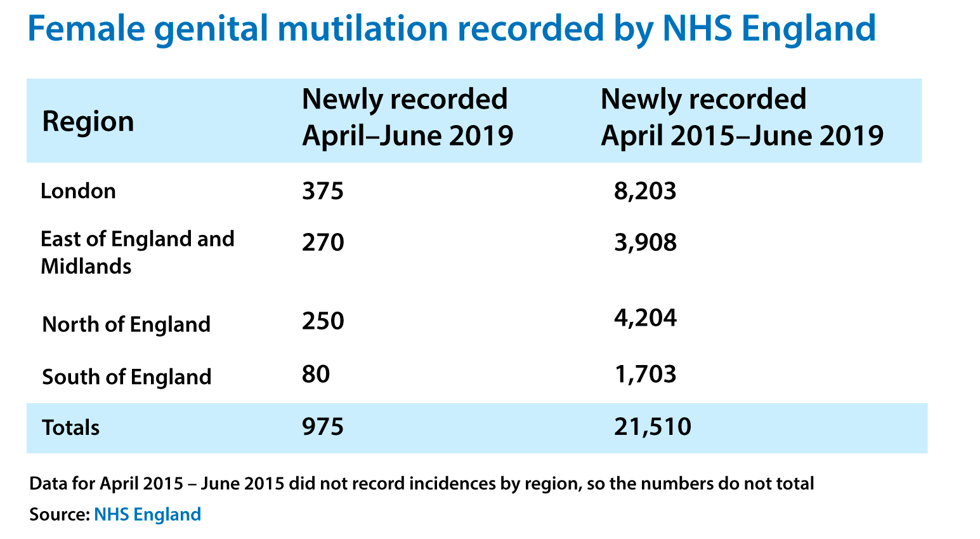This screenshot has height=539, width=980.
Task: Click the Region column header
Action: coord(88,121)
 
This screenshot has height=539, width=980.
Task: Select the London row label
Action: coord(78,190)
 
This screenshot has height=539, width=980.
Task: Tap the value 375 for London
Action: coord(323,190)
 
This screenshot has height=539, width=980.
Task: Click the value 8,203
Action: coord(645,190)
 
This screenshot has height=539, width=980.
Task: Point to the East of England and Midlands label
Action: coord(137,252)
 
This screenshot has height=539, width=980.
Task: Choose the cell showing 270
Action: coord(323,242)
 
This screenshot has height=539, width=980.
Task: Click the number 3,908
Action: coord(645,242)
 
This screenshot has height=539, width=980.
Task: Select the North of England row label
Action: coord(126,324)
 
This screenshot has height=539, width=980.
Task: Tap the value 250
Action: coord(323,321)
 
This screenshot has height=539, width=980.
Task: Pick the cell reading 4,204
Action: coord(645,317)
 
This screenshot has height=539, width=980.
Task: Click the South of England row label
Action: coord(126,376)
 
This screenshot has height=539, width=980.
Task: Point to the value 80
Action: coord(316,374)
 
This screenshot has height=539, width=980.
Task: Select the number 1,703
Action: coord(645,374)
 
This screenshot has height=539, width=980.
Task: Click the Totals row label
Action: coord(70,427)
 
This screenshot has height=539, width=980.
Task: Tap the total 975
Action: coord(323,427)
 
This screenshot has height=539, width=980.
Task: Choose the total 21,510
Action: coord(653,427)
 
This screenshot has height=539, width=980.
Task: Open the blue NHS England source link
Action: coord(147,514)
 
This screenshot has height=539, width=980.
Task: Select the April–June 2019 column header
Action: coord(407,117)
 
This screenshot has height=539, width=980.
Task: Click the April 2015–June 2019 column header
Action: coord(742,117)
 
